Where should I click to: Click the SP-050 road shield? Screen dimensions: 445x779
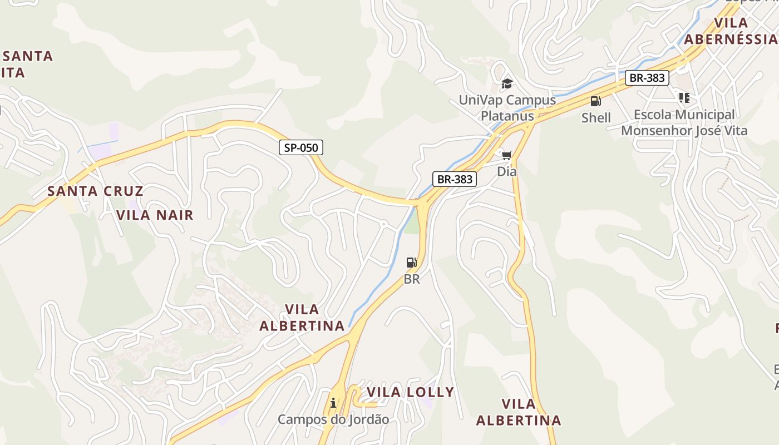(301, 147)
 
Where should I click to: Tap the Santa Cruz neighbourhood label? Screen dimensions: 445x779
(95, 191)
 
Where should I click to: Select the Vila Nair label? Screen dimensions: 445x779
(155, 215)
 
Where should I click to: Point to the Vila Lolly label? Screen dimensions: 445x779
(410, 392)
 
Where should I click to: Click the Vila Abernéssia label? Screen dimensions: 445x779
(731, 31)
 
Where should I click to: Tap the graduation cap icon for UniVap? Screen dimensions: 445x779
(506, 84)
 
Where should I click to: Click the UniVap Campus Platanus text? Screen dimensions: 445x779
(507, 108)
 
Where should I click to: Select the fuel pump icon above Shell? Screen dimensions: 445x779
(595, 101)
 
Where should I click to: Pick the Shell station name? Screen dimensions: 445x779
(596, 118)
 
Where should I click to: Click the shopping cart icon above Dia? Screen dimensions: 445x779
(506, 155)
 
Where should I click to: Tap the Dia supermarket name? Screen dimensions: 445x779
(506, 171)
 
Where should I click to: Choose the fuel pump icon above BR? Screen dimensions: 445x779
(411, 263)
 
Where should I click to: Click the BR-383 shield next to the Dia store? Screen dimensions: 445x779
(455, 179)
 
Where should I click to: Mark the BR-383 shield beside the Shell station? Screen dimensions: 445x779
(647, 78)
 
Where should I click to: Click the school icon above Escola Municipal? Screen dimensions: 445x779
(684, 98)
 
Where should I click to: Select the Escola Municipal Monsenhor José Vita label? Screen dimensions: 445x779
(684, 123)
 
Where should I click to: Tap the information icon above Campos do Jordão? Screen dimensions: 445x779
(333, 403)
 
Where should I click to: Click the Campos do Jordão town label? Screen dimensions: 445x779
(333, 419)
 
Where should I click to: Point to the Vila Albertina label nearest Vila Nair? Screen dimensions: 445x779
(302, 318)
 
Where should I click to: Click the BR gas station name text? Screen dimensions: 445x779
(412, 279)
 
